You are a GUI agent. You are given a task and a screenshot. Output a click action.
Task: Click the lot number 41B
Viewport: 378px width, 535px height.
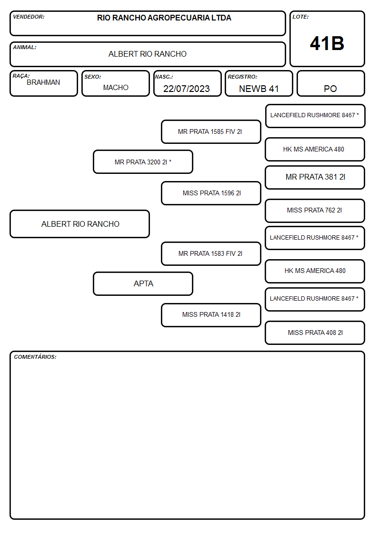point(327,43)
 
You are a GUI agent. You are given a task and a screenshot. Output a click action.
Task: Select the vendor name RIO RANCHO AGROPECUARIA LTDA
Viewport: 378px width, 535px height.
point(164,18)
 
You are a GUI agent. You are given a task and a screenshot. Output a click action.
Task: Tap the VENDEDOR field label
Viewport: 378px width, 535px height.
point(29,17)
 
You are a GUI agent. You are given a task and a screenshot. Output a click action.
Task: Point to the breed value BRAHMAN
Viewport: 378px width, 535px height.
point(43,82)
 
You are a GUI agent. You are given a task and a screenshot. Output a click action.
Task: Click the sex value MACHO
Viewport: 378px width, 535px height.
point(116,88)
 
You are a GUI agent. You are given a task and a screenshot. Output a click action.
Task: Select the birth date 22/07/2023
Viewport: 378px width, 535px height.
point(187,89)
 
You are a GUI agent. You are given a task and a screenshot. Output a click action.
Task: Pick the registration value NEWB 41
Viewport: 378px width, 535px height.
point(259,89)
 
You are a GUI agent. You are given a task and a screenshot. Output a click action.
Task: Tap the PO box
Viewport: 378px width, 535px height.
point(330,83)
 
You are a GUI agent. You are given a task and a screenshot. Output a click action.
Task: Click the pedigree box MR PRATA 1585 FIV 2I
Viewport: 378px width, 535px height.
point(211,131)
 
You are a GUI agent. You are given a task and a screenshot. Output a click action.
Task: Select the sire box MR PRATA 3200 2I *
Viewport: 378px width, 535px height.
point(143,162)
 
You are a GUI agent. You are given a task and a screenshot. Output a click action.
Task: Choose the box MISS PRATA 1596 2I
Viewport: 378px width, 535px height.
point(211,193)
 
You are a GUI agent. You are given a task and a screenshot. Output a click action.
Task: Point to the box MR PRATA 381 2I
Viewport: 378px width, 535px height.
point(315,177)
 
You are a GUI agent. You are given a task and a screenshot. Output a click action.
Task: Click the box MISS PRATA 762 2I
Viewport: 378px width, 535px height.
point(315,211)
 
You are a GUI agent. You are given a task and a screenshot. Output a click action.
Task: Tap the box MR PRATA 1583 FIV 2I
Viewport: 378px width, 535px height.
point(211,253)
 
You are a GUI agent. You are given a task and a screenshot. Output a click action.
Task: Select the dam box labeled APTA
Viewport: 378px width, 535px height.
point(143,283)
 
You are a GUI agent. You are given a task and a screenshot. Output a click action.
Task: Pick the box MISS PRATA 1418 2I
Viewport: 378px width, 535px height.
point(211,315)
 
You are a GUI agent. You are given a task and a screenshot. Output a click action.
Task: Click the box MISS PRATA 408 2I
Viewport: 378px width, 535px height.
point(315,333)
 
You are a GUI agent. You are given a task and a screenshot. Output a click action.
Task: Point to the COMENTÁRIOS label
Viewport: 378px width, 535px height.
point(35,357)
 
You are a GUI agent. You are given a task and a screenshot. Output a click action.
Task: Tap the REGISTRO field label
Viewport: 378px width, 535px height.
point(242,77)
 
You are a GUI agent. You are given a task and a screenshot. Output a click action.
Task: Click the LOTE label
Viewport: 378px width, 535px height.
point(300,17)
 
